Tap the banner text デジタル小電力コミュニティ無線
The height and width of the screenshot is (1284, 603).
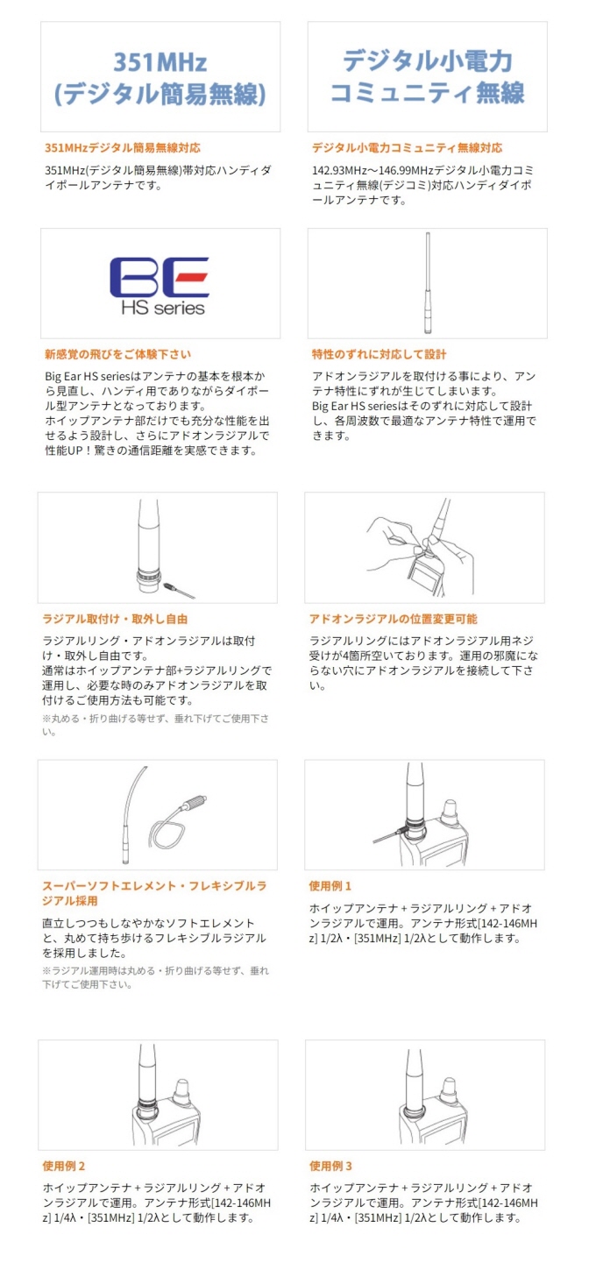[x=427, y=77]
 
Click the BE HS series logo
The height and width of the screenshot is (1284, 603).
[x=160, y=286]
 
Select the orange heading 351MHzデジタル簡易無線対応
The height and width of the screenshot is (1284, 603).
[x=123, y=148]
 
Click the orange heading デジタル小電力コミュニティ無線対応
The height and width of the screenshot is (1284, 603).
[x=407, y=148]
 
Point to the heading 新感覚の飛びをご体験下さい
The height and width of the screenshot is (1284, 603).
[x=118, y=354]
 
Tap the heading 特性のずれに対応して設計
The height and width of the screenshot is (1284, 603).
[x=379, y=354]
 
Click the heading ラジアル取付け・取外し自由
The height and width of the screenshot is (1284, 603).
[x=115, y=619]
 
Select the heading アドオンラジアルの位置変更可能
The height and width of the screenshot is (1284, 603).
[x=394, y=619]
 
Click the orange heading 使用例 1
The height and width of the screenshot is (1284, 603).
[x=330, y=886]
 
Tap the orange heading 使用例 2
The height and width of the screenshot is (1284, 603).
[x=64, y=1166]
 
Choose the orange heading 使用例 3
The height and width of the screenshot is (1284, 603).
[x=330, y=1166]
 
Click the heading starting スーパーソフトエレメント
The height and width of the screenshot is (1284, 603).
[x=155, y=894]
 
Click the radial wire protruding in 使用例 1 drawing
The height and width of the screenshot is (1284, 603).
[x=387, y=834]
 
